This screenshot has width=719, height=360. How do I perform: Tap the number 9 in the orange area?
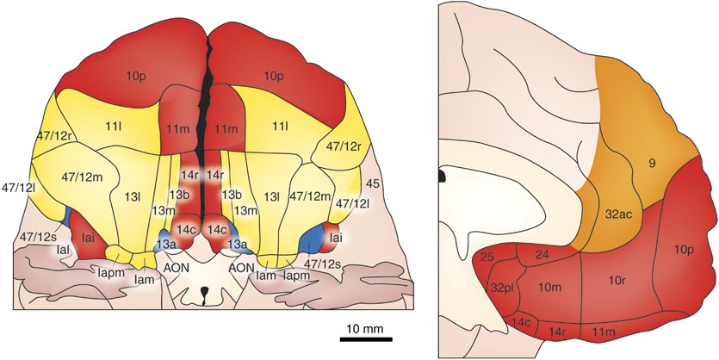click(652, 160)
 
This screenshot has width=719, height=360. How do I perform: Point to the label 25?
click(487, 257)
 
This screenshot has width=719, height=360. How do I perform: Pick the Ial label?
click(63, 248)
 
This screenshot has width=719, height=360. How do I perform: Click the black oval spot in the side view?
click(442, 177)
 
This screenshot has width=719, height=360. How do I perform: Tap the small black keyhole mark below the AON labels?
click(204, 299)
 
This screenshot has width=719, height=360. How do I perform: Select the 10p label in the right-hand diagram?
click(684, 250)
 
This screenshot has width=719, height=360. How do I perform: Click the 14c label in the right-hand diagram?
click(522, 323)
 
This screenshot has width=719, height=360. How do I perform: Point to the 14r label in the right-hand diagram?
click(559, 331)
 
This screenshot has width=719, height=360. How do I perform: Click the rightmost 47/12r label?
click(344, 148)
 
